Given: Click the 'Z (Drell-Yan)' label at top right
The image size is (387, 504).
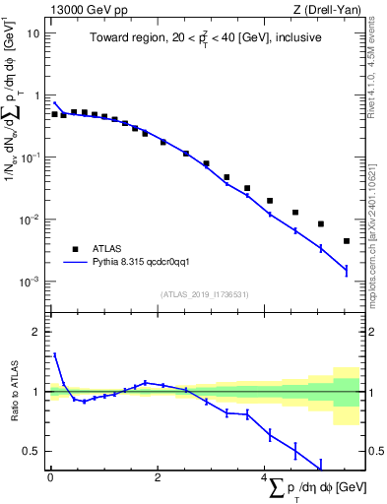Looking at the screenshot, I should pos(329,9).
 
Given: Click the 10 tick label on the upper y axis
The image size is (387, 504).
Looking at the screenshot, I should pos(32,32).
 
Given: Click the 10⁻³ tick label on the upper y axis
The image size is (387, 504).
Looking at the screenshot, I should pos(31,282).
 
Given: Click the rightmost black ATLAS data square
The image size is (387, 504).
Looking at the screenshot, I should pos(346,241).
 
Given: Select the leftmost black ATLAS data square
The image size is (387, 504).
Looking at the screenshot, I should pos(55,114).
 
